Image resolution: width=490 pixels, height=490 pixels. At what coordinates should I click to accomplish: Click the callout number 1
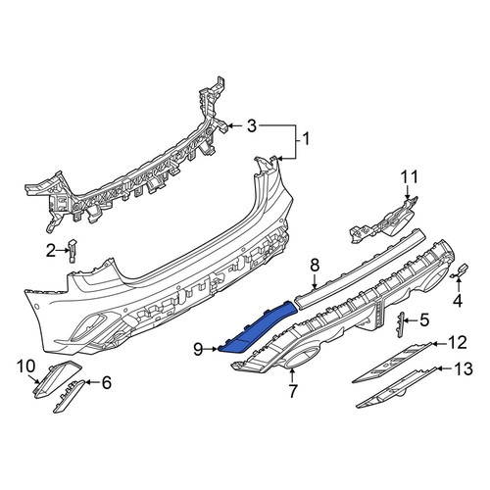click(306, 139)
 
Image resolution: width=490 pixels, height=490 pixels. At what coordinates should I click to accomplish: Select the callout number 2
click(50, 251)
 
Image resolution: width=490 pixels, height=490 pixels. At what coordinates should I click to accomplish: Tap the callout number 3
click(252, 126)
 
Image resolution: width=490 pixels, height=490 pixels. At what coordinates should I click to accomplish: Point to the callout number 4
click(458, 301)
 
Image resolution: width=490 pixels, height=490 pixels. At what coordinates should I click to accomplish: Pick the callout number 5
click(424, 320)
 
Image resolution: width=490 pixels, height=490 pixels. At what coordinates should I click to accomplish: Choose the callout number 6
click(107, 382)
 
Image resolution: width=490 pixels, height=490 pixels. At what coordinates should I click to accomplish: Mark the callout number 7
click(292, 391)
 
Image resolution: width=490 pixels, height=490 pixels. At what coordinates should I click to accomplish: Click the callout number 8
click(315, 266)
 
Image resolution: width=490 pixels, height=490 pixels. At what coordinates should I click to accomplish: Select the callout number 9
click(198, 350)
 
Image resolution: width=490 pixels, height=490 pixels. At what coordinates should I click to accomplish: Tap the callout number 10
click(26, 367)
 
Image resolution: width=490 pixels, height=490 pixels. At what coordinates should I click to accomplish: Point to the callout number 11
click(410, 176)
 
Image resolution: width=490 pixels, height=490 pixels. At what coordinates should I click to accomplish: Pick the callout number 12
click(458, 343)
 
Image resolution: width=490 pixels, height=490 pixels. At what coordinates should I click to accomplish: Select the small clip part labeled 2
click(73, 250)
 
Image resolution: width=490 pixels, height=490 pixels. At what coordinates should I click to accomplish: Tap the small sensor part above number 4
click(461, 271)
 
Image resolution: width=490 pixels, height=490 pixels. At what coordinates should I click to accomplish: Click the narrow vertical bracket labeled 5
click(401, 324)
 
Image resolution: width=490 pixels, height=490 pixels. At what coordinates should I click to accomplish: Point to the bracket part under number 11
click(384, 220)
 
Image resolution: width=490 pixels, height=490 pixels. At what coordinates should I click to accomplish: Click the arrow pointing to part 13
click(445, 368)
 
